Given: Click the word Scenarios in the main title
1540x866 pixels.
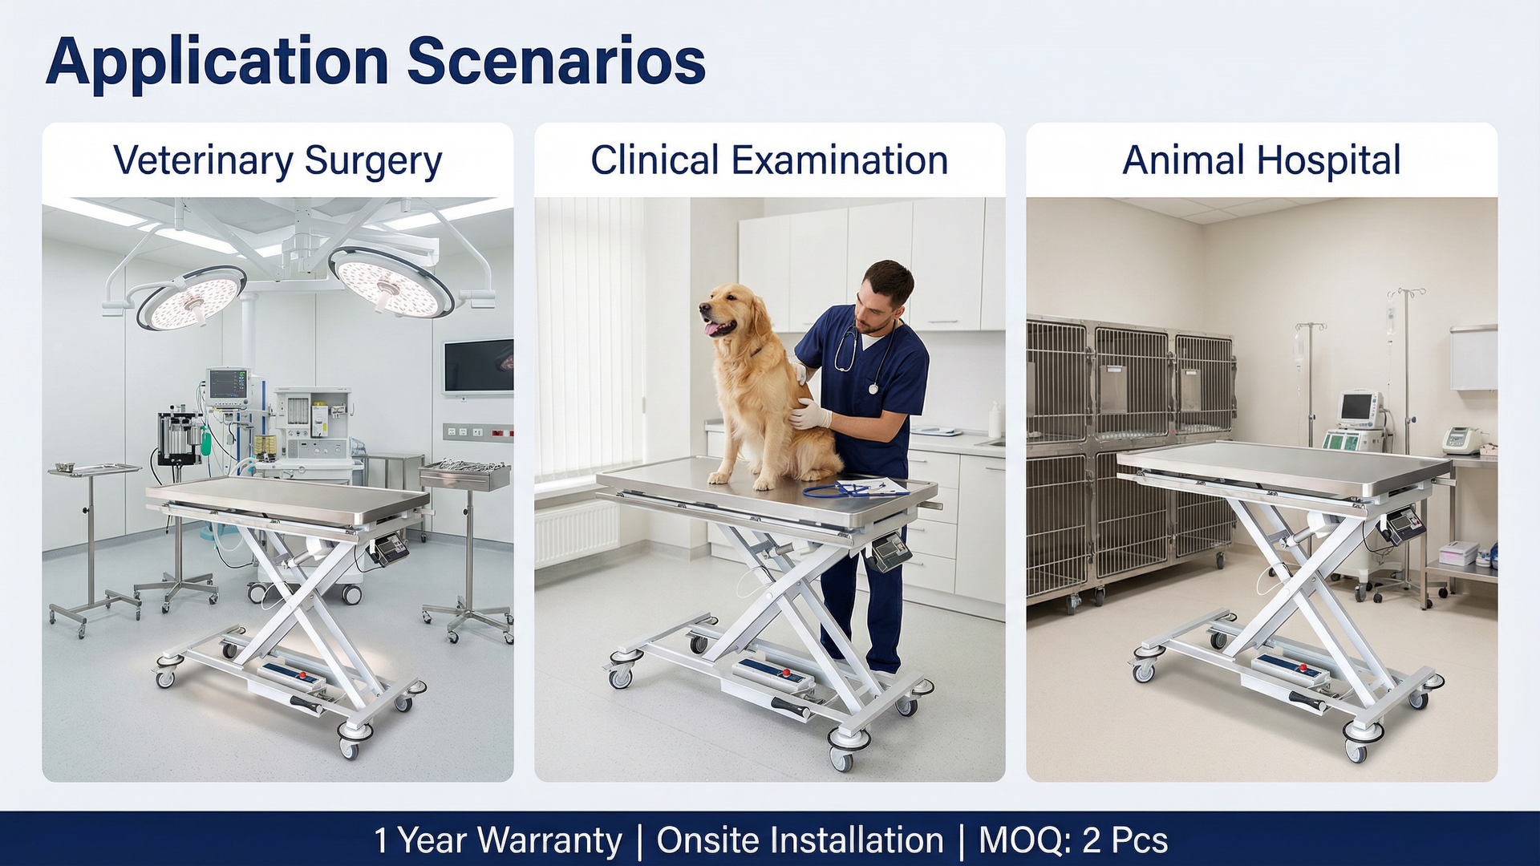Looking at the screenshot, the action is [557, 62].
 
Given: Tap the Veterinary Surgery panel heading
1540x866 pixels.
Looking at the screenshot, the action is [278, 160].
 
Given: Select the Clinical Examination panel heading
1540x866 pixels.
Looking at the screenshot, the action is [769, 160].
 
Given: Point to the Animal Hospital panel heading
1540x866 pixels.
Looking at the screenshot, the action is [1262, 160].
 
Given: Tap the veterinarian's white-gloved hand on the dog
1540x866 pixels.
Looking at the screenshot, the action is [808, 415].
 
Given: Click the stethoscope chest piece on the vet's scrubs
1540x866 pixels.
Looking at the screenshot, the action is [873, 389].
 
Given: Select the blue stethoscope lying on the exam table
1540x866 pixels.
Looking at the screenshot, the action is [842, 489].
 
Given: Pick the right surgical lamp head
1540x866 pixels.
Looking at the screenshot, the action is [391, 282].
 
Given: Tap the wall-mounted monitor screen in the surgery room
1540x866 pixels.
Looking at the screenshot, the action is [479, 366].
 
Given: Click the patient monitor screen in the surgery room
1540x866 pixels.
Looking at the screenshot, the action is [228, 384].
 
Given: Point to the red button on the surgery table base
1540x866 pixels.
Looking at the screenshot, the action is [303, 675].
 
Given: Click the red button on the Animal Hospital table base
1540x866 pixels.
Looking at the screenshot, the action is [1303, 667].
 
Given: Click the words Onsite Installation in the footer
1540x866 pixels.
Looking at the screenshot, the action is [800, 840].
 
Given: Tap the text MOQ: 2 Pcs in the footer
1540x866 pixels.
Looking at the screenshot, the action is [1073, 840].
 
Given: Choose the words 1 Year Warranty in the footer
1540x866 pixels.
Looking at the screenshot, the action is [497, 840].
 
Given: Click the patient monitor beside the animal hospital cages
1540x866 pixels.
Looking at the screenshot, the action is [1357, 410].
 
